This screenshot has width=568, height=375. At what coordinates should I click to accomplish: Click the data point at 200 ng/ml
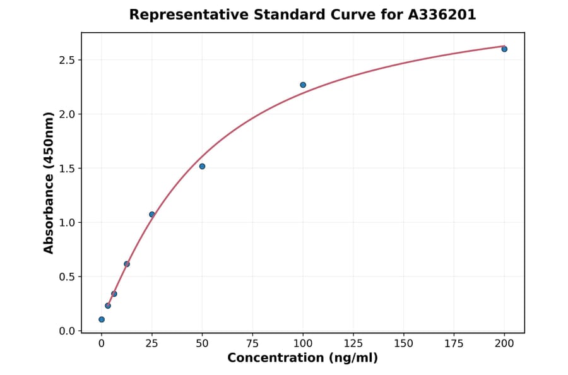[x=504, y=49]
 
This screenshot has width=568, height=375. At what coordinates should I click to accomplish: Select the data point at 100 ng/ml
[x=303, y=85]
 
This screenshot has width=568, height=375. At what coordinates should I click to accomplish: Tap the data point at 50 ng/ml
[x=202, y=166]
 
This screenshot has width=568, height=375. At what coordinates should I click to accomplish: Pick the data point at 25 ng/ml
[x=152, y=215]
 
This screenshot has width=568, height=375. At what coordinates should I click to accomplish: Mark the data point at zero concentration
[x=102, y=319]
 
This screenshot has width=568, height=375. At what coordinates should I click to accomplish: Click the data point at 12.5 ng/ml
[x=127, y=264]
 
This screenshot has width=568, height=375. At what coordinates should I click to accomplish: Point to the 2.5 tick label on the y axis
[x=66, y=60]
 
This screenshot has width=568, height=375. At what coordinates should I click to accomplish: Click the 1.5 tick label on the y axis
[x=66, y=169]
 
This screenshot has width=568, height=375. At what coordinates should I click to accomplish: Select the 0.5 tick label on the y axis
[x=66, y=277]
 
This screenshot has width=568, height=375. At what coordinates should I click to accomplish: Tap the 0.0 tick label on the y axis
[x=66, y=331]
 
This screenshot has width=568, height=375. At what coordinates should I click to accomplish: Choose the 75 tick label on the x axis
[x=252, y=343]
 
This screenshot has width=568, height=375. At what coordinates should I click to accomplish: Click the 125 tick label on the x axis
[x=353, y=343]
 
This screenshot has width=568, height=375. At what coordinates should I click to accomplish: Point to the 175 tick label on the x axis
[x=454, y=343]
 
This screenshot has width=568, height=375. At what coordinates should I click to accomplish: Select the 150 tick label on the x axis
[x=404, y=343]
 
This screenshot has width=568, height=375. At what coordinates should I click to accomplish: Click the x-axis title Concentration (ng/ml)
[x=303, y=359]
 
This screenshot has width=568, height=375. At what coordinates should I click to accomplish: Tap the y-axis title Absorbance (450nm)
[x=49, y=183]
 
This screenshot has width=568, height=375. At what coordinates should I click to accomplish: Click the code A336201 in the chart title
[x=442, y=15]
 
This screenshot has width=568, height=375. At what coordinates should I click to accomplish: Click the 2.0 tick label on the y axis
[x=66, y=114]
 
